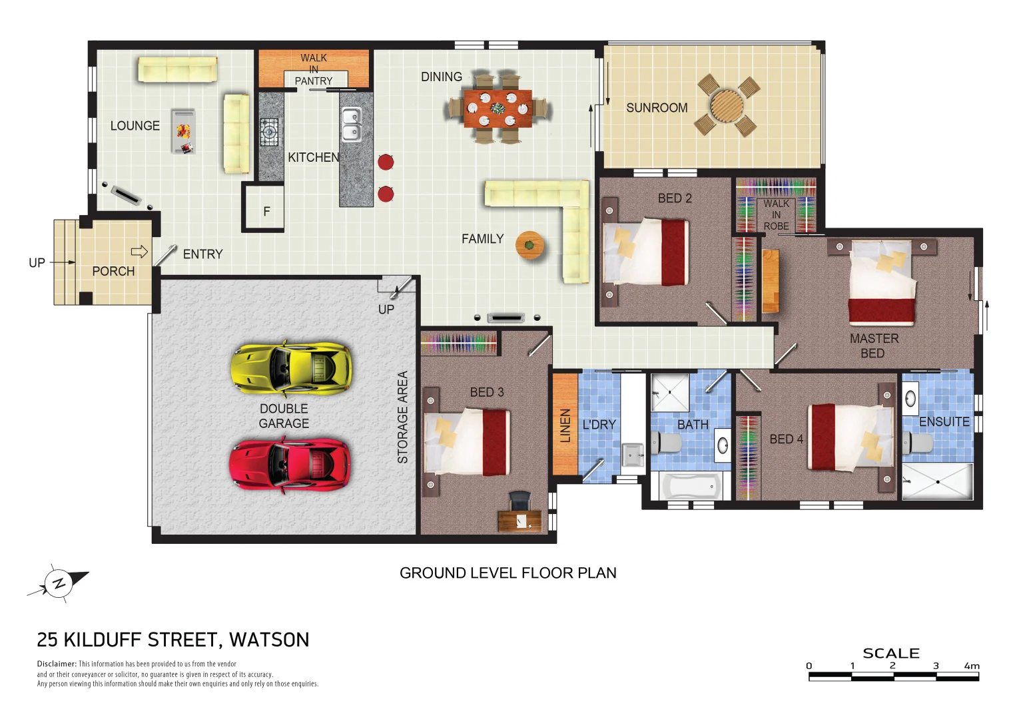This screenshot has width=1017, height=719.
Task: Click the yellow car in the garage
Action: click(x=291, y=367)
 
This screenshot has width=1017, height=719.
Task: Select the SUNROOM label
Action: click(x=657, y=108)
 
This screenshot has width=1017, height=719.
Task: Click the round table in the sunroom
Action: click(x=727, y=105)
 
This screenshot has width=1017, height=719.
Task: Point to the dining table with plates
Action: click(x=498, y=109)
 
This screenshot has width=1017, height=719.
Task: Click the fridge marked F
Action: click(x=266, y=211)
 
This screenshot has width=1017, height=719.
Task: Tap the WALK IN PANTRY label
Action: click(x=314, y=69)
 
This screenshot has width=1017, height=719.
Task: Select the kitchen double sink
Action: click(x=351, y=124)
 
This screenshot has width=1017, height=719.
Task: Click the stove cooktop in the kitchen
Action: click(x=269, y=131)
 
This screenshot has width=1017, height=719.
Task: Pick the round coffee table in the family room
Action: click(x=529, y=245)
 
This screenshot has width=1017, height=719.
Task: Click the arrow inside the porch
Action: click(x=139, y=252)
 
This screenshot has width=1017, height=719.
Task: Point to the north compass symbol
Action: click(x=59, y=583)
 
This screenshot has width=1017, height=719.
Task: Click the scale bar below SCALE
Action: click(x=893, y=676)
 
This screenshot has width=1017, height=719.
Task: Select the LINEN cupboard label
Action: click(x=565, y=425)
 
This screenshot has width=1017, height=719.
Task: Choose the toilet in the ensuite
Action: click(x=918, y=442)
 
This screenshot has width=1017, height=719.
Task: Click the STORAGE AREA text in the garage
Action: click(x=402, y=417)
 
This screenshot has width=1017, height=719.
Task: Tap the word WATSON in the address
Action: click(x=269, y=640)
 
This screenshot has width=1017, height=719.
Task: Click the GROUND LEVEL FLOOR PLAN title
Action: click(x=508, y=573)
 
